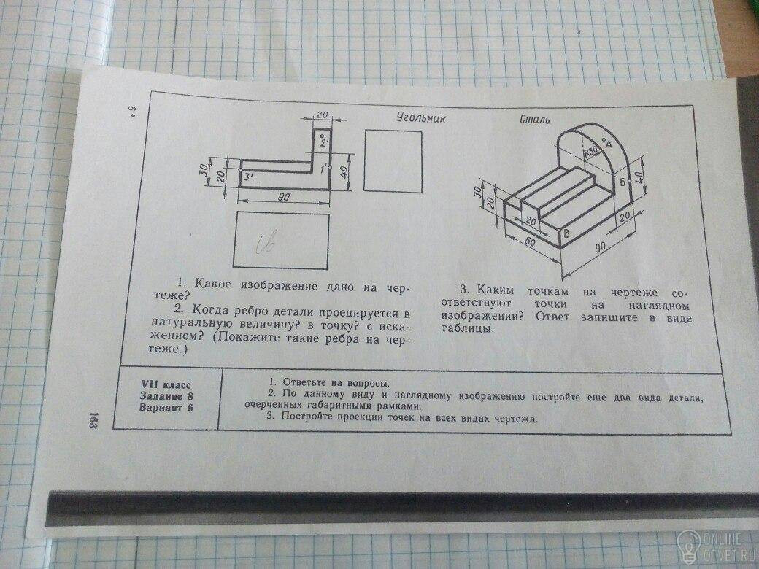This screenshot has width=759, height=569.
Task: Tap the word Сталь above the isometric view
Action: (535, 120)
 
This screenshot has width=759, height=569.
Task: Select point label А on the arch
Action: (606, 144)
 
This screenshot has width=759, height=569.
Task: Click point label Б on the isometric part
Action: (623, 182)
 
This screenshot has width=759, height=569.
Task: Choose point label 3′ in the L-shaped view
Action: (250, 176)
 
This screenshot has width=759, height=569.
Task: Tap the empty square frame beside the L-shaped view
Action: (393, 160)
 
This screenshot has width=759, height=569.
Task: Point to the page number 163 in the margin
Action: (95, 420)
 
